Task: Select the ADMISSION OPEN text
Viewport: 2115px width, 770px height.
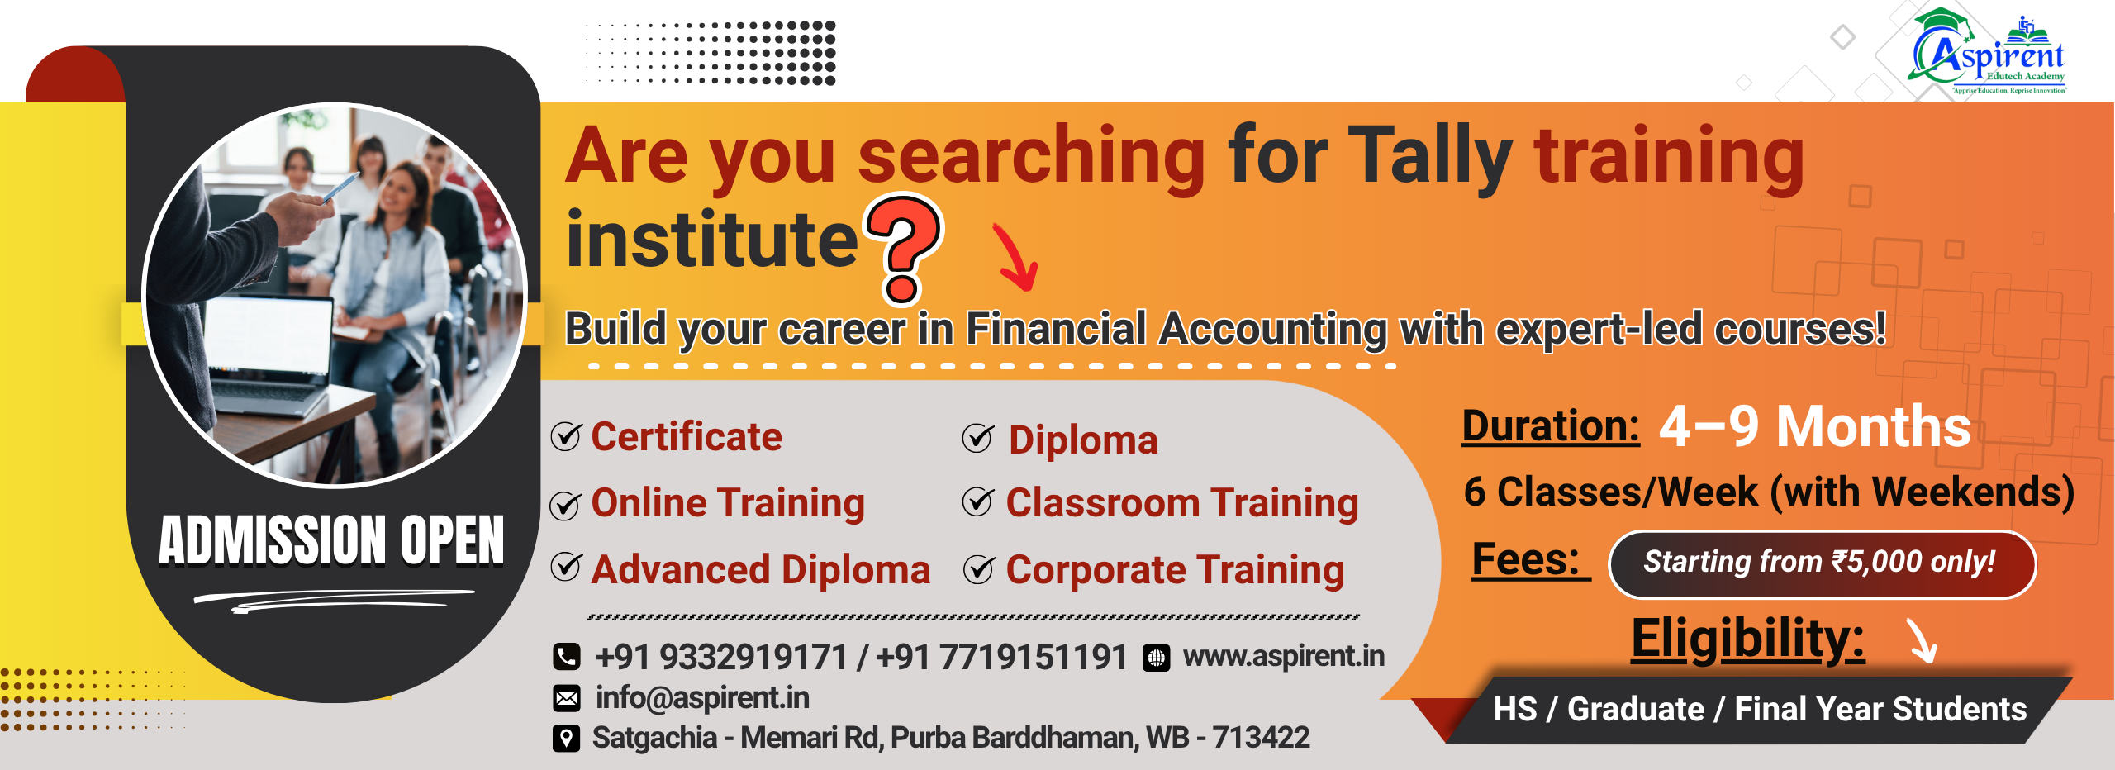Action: coord(331,540)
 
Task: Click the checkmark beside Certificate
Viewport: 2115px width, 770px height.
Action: coord(566,436)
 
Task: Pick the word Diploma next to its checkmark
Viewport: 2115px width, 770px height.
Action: coord(1083,441)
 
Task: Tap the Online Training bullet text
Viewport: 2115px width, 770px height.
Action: coord(728,504)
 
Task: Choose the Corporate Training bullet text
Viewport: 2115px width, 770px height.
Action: coord(1175,571)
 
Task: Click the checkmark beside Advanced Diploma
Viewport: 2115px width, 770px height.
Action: coord(566,567)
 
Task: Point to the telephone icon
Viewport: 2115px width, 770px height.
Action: coord(567,657)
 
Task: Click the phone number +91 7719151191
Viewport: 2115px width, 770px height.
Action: coord(1001,658)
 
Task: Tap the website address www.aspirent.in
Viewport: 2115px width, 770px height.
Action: coord(1284,656)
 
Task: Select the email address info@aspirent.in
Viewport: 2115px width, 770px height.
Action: coord(702,698)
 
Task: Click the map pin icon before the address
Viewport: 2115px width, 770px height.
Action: coord(566,738)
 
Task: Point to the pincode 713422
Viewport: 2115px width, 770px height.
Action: coord(1261,737)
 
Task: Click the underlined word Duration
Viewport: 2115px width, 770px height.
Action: coord(1551,427)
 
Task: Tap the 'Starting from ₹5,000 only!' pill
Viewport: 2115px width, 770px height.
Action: coord(1822,564)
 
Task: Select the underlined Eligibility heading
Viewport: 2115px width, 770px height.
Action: coord(1747,639)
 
